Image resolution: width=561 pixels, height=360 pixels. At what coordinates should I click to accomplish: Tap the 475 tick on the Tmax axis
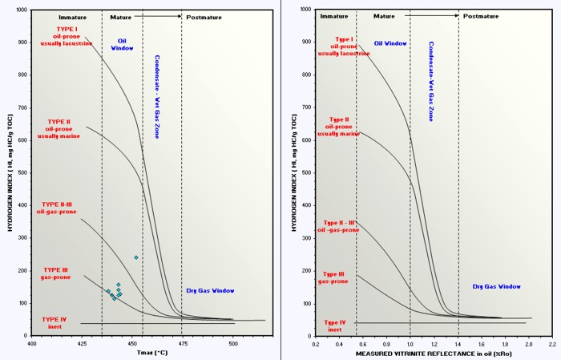182,342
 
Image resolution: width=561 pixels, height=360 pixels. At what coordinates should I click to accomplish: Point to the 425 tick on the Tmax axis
81,342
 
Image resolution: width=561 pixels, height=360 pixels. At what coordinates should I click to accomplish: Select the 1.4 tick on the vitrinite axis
458,342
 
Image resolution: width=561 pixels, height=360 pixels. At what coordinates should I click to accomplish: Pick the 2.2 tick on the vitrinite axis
552,342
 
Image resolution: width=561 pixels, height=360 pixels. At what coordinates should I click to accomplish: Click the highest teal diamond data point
135,257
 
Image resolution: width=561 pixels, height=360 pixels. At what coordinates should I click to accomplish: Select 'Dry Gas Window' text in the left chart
208,290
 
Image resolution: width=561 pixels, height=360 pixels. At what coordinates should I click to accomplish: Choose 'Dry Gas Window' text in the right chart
497,286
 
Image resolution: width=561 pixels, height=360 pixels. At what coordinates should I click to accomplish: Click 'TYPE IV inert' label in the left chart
55,322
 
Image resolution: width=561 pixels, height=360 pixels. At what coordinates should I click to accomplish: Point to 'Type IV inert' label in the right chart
335,326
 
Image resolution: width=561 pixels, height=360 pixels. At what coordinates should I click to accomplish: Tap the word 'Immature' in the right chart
334,16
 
